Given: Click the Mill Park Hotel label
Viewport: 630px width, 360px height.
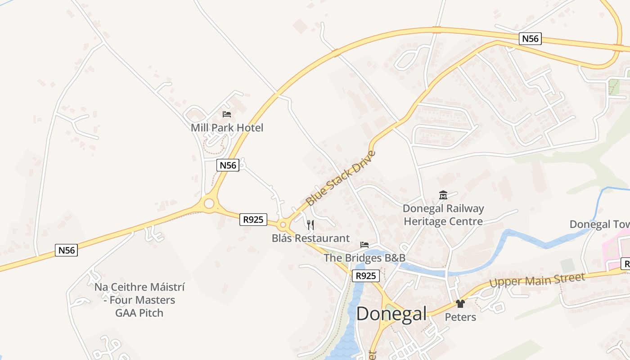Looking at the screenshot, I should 227,128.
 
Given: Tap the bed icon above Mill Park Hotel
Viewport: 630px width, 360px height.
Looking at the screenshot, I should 227,114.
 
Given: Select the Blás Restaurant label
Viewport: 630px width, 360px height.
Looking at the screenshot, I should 310,238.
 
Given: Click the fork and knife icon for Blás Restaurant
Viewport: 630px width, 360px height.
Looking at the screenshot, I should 310,225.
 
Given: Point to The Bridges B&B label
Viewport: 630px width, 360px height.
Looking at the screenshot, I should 364,258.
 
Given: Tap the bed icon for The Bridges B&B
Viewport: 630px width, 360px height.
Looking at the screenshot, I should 364,245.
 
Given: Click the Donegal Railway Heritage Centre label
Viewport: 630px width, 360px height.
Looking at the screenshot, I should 443,215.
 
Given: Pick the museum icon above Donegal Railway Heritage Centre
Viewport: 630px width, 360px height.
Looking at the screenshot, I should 443,195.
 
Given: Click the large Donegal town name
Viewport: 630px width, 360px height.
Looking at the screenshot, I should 391,314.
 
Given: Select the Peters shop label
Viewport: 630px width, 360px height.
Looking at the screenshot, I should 460,317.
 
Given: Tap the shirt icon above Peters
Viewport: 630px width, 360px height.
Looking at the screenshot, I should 460,304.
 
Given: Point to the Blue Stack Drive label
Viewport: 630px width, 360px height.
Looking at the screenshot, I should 340,178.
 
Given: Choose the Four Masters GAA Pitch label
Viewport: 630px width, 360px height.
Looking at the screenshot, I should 139,300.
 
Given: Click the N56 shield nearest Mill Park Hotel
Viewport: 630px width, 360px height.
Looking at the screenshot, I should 228,165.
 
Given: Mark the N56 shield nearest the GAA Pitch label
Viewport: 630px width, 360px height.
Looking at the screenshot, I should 66,250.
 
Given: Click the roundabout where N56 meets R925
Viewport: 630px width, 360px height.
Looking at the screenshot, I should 209,204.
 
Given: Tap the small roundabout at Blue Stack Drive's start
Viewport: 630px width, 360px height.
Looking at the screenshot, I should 283,225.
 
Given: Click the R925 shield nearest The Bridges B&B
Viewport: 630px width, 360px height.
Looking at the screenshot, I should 365,276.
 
